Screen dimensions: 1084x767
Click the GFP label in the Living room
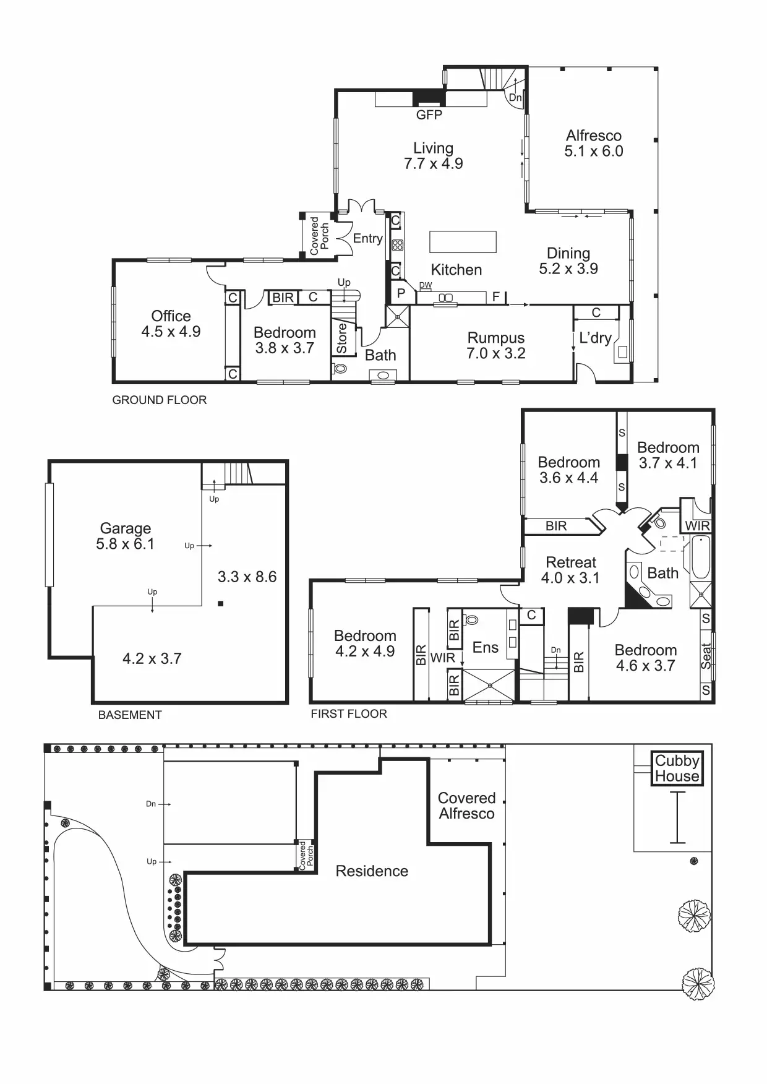429,115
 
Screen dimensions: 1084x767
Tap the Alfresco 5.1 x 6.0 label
593,144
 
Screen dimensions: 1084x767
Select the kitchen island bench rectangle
463,242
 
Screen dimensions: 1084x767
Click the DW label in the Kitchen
426,285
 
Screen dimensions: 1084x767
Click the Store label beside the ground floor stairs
342,338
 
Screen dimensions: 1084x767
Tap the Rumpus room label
496,346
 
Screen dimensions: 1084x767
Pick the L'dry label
595,338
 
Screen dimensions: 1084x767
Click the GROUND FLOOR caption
160,400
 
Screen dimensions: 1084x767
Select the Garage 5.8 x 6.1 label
126,536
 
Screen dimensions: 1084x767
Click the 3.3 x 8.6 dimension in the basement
247,577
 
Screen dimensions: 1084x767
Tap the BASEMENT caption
130,715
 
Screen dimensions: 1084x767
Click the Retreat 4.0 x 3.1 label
570,570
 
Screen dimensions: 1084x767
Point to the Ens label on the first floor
485,648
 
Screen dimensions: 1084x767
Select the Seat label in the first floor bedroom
706,656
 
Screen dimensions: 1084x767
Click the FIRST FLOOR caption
349,714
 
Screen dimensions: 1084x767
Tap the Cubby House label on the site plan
677,768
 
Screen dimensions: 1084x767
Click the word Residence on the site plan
372,871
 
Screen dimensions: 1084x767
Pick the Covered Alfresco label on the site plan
466,806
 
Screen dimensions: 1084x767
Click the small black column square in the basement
221,603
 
